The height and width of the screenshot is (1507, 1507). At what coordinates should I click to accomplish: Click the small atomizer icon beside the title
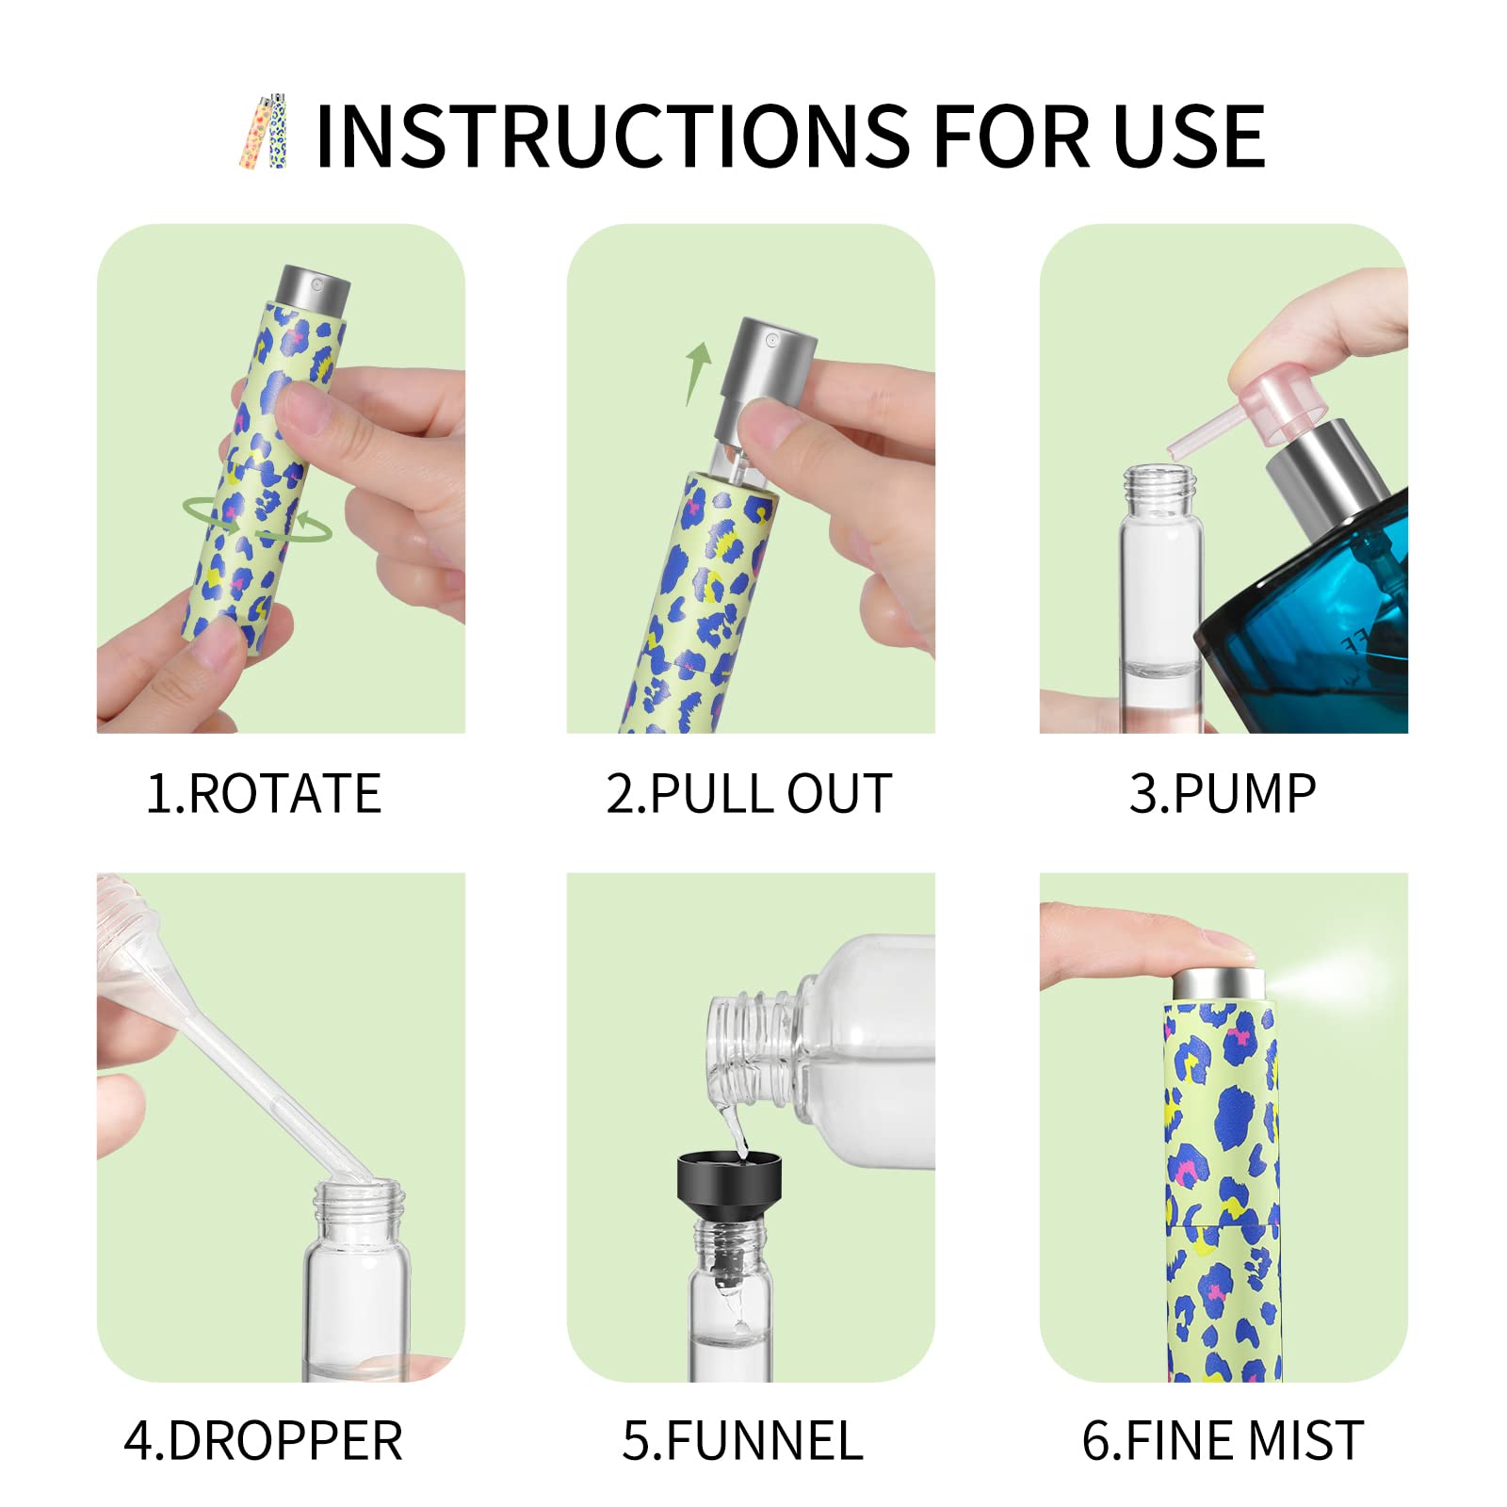[264, 132]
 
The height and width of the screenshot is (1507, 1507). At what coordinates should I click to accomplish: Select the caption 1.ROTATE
[264, 793]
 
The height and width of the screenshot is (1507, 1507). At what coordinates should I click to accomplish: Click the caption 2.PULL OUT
[749, 793]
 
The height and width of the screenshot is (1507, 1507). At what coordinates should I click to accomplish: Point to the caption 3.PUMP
[1223, 793]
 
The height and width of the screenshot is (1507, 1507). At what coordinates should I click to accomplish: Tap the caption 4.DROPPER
[264, 1441]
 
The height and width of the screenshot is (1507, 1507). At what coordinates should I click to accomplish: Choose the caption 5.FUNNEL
[742, 1441]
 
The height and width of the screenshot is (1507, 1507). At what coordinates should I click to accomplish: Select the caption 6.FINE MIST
[1223, 1441]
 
